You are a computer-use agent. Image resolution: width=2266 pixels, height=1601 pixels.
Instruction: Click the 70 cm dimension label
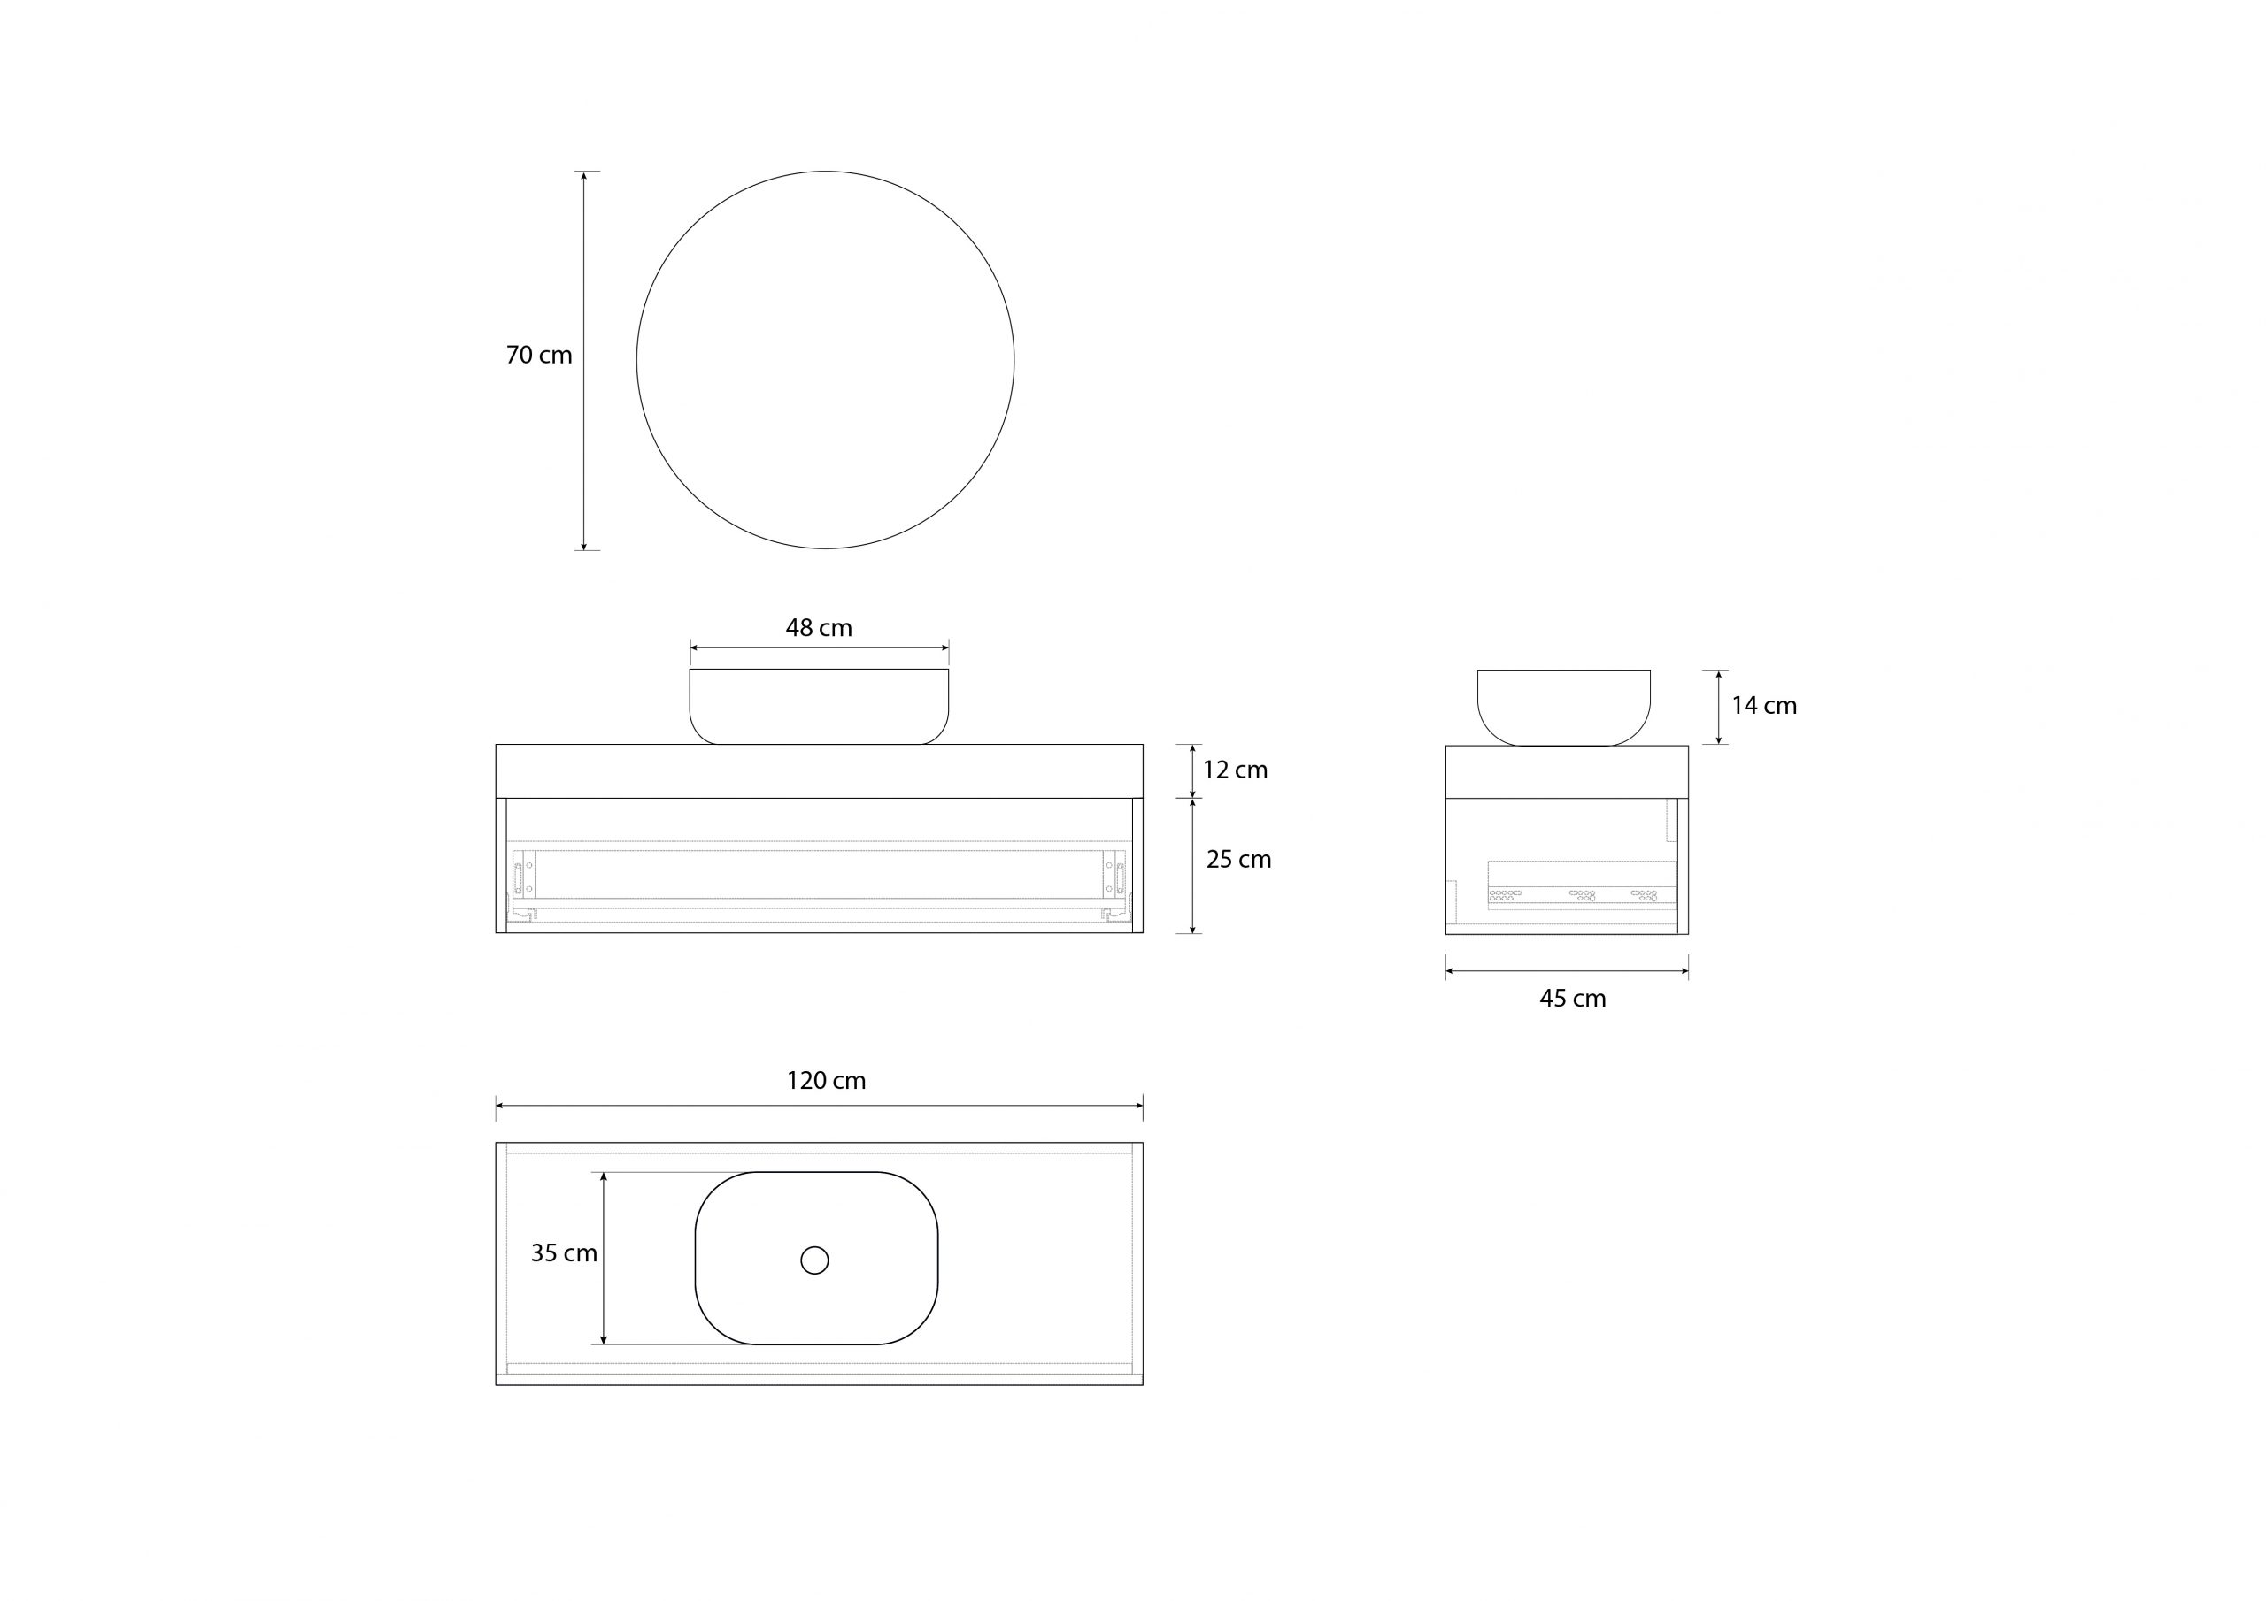click(x=539, y=355)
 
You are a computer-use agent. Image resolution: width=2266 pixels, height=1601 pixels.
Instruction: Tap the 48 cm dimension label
click(x=818, y=627)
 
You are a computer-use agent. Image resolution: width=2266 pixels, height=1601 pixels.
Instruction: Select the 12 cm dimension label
click(x=1235, y=770)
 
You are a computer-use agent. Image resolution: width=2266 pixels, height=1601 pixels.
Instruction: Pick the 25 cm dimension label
click(x=1238, y=859)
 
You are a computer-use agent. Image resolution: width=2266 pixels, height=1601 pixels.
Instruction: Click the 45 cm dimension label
click(x=1572, y=999)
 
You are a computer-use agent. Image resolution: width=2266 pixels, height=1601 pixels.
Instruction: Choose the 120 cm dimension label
click(x=826, y=1080)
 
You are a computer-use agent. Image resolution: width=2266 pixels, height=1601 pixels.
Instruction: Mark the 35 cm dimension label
click(x=564, y=1252)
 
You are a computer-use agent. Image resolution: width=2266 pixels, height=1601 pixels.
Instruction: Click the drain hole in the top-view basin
click(x=814, y=1260)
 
